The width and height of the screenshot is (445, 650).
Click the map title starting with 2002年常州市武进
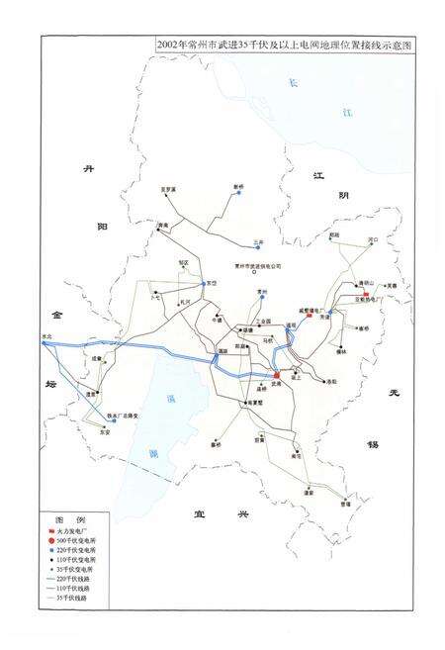click(293, 46)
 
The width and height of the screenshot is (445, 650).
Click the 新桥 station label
click(238, 186)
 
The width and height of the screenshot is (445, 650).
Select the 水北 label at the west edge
click(45, 337)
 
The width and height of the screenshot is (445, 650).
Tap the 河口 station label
click(372, 238)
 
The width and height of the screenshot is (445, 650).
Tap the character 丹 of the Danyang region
click(87, 171)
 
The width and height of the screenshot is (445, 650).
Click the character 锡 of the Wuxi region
click(373, 444)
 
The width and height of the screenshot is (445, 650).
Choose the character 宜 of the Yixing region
click(199, 512)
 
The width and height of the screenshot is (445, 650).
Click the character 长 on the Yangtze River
click(293, 83)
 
